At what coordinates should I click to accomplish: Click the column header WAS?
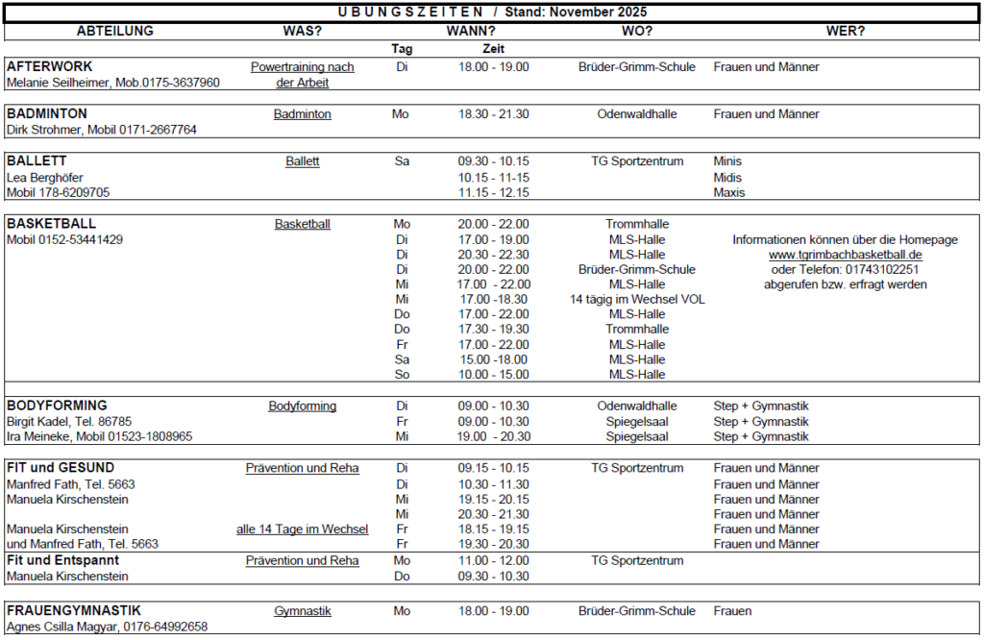click(x=302, y=31)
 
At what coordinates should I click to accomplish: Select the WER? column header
click(x=846, y=31)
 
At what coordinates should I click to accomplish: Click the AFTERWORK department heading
click(x=50, y=67)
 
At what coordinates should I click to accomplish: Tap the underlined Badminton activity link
click(x=302, y=114)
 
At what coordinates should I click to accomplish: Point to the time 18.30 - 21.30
click(x=493, y=114)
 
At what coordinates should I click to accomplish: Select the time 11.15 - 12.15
click(x=493, y=192)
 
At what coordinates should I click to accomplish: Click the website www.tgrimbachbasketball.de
click(x=846, y=255)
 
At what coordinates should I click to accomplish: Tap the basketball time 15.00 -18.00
click(x=493, y=359)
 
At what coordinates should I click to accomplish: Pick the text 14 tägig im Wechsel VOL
click(x=637, y=300)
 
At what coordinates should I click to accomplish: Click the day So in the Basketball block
click(x=402, y=375)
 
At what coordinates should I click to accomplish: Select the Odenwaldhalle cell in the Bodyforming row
click(x=637, y=406)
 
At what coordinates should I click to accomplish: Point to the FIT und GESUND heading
click(x=60, y=468)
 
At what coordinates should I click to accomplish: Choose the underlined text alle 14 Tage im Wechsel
click(x=302, y=529)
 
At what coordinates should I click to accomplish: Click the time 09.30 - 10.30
click(x=493, y=577)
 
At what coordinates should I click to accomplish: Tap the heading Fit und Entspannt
click(x=62, y=560)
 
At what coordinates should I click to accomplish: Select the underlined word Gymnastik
click(x=302, y=611)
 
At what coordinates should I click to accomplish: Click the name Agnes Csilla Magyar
click(x=62, y=627)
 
